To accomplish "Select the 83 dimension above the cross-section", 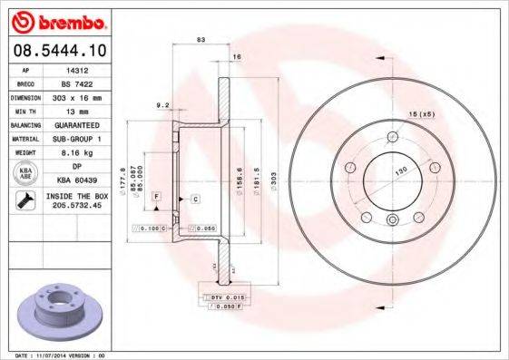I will click(x=200, y=40).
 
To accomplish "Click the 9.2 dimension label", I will click(x=163, y=106).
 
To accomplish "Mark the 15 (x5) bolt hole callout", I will click(x=422, y=114).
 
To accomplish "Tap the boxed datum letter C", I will click(x=195, y=197).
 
